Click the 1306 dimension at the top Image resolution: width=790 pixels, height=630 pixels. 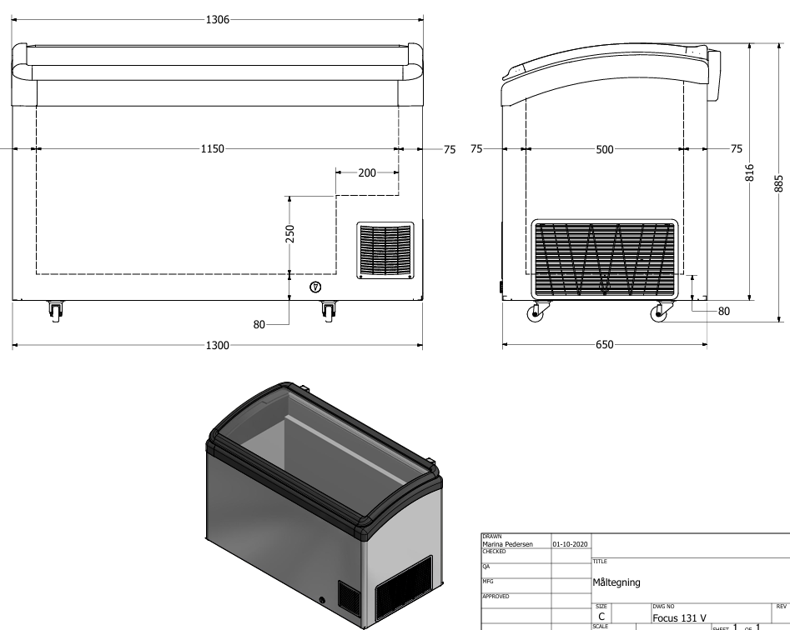click(x=218, y=19)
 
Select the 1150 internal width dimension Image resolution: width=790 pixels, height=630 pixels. click(x=214, y=149)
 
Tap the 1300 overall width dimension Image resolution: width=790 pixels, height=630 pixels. click(x=218, y=344)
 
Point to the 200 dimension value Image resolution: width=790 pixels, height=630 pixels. click(x=366, y=172)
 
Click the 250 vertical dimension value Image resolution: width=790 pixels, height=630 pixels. click(x=289, y=234)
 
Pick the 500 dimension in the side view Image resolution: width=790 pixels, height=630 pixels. click(x=604, y=149)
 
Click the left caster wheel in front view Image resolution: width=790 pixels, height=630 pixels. click(x=55, y=311)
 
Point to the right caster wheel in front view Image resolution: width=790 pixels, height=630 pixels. click(x=328, y=311)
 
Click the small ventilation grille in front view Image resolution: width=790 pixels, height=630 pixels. click(x=385, y=250)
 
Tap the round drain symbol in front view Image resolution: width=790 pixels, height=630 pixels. click(x=315, y=287)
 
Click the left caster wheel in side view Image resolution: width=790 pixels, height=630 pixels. click(x=534, y=314)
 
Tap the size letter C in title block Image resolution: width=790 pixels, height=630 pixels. click(x=601, y=617)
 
